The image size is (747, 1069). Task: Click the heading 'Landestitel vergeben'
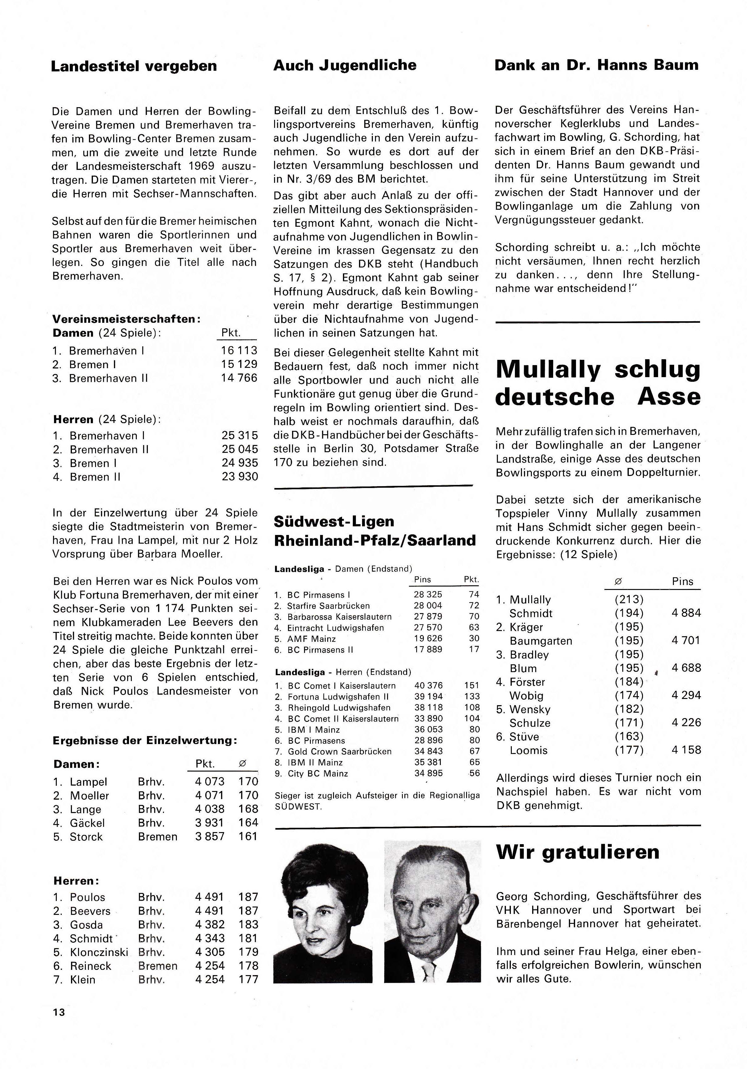click(134, 66)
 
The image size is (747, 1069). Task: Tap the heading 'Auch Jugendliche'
click(344, 65)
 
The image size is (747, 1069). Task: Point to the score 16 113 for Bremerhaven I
click(239, 351)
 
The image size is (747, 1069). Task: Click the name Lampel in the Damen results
click(88, 782)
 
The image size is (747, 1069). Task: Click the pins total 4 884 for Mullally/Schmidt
click(686, 613)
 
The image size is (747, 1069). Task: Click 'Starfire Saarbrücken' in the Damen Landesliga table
click(328, 606)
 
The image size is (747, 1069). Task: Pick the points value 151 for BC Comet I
click(471, 685)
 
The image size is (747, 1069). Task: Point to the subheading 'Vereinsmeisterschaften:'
click(126, 319)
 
